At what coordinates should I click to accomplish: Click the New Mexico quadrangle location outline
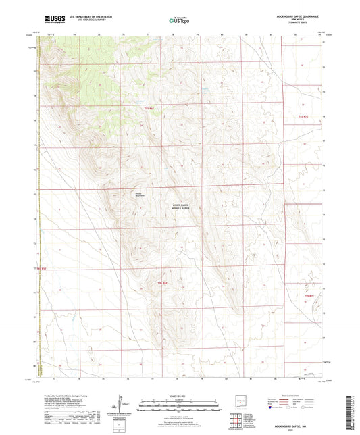(x=238, y=403)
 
